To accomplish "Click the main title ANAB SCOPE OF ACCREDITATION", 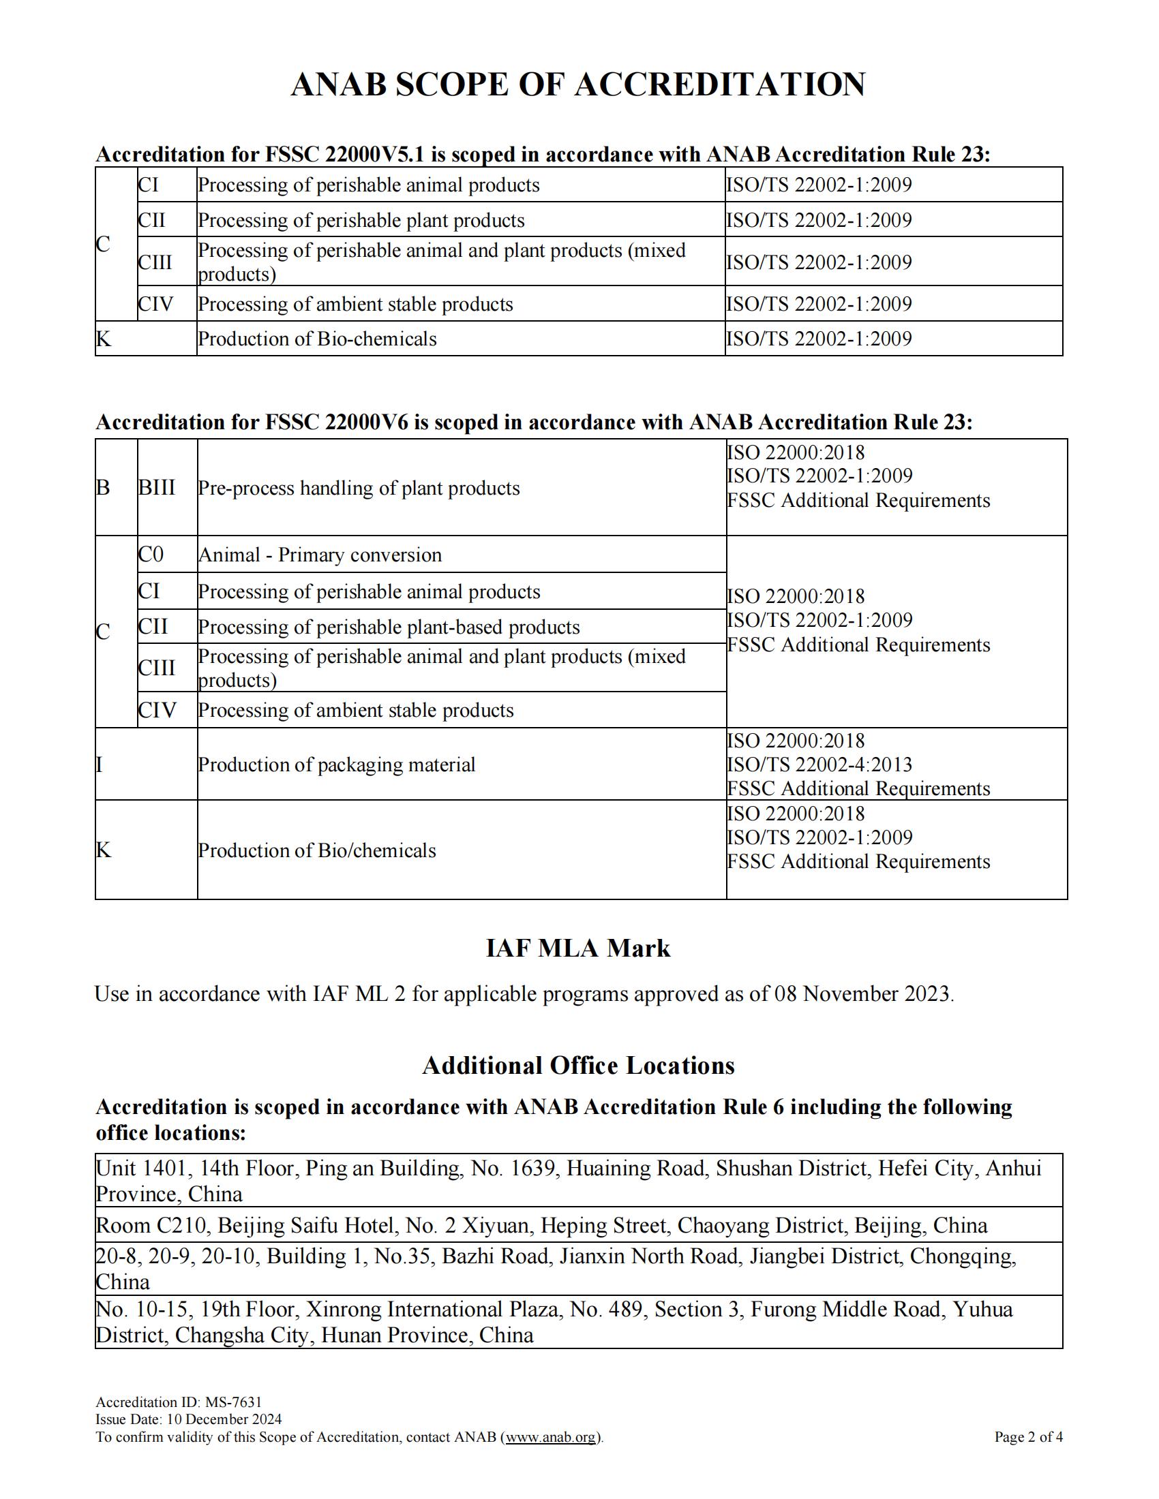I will [x=578, y=84].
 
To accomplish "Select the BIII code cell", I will [x=157, y=487].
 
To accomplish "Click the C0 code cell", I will [x=151, y=554].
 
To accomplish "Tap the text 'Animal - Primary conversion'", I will [x=320, y=555].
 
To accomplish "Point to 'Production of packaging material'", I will [x=336, y=764].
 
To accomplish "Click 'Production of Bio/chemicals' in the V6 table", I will [x=317, y=850].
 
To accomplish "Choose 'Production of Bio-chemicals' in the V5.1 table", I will [x=317, y=339].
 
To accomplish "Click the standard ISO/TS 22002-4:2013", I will [x=819, y=764].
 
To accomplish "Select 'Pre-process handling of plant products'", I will [x=359, y=488].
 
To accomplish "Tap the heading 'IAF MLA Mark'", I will [x=578, y=948].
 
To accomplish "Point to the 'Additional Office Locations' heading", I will [x=578, y=1065].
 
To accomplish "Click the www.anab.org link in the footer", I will [x=552, y=1436].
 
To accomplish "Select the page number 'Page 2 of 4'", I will [x=1029, y=1436].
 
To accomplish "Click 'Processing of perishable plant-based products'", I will [x=389, y=627].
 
